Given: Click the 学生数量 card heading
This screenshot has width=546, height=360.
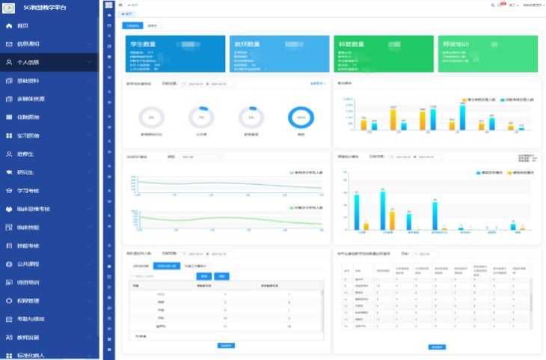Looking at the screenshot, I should coord(144,44).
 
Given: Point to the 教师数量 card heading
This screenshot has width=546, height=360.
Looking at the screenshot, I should coord(247,44).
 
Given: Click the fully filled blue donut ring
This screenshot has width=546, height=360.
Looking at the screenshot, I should coord(301,118).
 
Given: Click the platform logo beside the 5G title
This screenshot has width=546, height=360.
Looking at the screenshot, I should coord(10,7).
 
